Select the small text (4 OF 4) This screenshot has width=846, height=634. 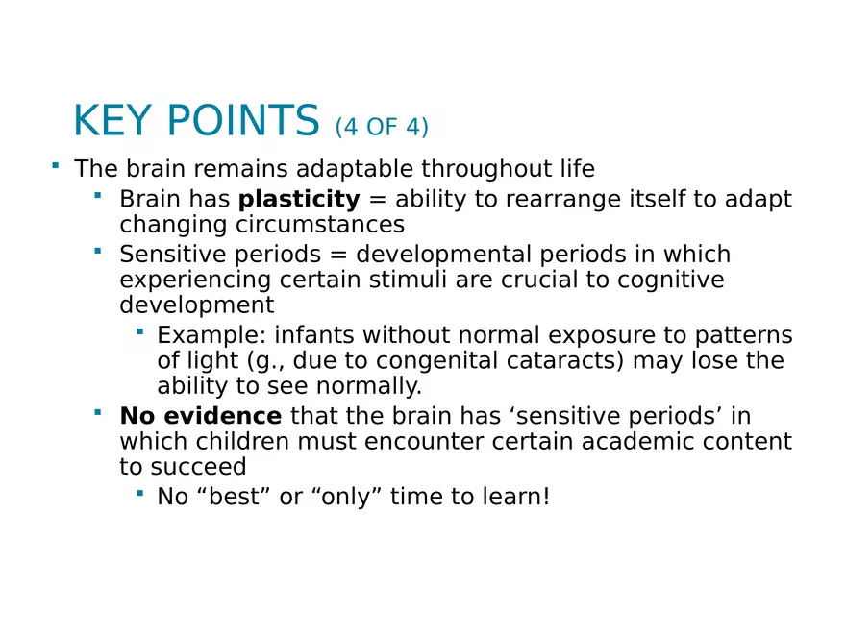click(382, 127)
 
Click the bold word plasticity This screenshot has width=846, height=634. click(299, 200)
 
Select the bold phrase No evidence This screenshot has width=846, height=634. click(200, 417)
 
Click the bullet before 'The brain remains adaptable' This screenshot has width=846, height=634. click(56, 166)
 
